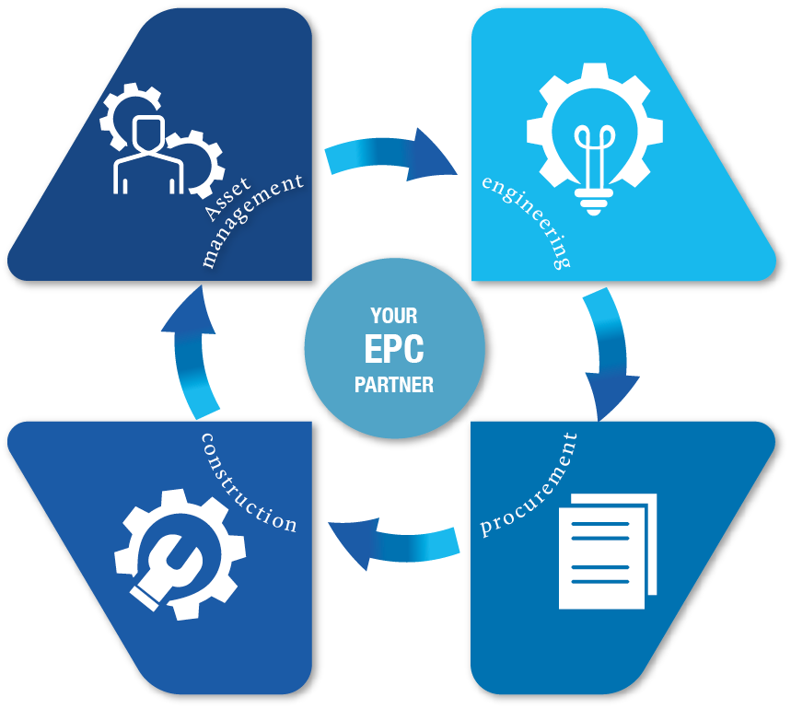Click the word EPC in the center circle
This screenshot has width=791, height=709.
(394, 350)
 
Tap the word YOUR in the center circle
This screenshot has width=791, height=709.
(394, 316)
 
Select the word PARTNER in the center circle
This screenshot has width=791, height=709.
(394, 385)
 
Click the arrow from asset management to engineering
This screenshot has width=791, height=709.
(391, 155)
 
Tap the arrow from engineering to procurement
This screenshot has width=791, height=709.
(609, 354)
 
